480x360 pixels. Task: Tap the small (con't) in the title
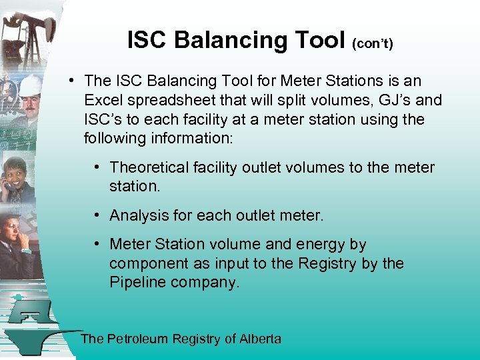click(373, 43)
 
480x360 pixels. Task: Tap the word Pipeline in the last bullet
click(138, 282)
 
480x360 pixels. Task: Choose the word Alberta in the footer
click(261, 339)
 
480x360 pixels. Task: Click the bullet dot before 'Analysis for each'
click(97, 215)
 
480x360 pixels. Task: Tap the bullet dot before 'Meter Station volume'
click(97, 245)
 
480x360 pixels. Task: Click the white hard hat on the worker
click(30, 85)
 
